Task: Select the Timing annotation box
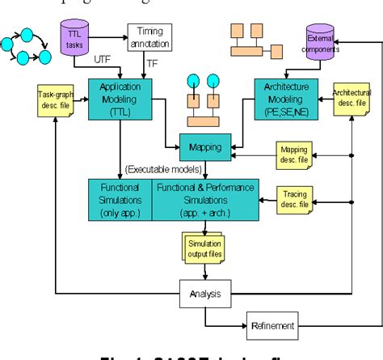(149, 35)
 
